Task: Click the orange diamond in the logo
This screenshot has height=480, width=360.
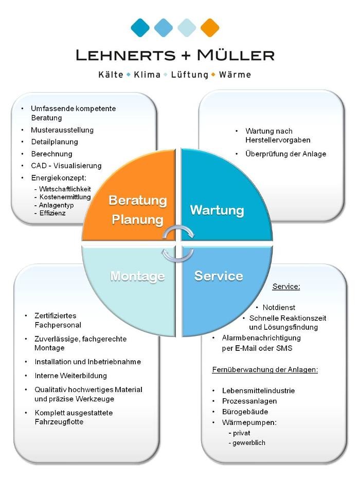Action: (209, 27)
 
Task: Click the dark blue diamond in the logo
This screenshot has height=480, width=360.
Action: (140, 27)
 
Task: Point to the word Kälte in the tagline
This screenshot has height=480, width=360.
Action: (111, 75)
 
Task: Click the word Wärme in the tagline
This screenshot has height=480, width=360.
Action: (235, 75)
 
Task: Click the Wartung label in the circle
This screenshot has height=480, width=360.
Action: (217, 210)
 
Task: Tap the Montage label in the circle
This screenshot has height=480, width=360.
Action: (137, 276)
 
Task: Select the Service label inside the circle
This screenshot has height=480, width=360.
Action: (219, 276)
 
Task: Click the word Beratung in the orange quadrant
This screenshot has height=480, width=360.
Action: (137, 200)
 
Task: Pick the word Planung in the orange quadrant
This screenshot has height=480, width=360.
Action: (137, 220)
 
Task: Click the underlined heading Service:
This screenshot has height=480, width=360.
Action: (286, 287)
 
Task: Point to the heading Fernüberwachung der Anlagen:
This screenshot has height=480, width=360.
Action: (265, 369)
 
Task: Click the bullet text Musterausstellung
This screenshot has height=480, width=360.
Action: (62, 130)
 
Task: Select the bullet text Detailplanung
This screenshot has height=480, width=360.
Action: (55, 141)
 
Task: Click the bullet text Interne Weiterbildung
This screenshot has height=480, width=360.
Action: (71, 376)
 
